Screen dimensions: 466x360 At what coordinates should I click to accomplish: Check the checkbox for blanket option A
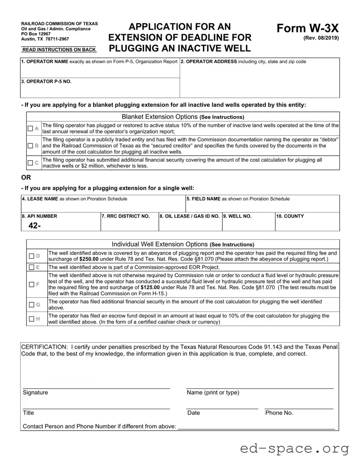(x=30, y=128)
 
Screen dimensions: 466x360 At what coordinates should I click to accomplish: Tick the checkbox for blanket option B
(x=30, y=146)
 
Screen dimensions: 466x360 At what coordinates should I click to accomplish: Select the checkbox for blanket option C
(x=30, y=163)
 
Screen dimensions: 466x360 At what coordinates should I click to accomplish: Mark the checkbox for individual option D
(x=32, y=256)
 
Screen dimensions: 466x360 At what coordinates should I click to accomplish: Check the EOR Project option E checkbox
(x=32, y=267)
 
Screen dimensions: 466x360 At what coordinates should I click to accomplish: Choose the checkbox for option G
(x=32, y=305)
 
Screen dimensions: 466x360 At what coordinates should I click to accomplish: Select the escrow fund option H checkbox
(x=32, y=319)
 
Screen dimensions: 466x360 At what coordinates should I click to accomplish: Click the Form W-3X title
(x=308, y=29)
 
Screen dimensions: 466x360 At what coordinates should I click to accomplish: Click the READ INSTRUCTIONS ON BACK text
(x=59, y=50)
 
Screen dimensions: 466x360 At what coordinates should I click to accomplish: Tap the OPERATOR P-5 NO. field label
(x=46, y=82)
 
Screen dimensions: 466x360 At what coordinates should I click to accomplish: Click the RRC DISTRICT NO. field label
(x=126, y=216)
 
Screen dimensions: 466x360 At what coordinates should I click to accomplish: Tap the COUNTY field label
(x=290, y=216)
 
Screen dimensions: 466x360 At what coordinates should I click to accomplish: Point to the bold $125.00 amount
(x=153, y=288)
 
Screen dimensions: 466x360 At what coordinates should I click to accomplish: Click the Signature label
(x=35, y=393)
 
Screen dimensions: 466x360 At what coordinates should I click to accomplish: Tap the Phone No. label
(x=279, y=413)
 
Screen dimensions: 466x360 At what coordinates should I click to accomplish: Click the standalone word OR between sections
(x=26, y=178)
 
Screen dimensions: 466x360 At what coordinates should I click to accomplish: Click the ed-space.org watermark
(x=294, y=448)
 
